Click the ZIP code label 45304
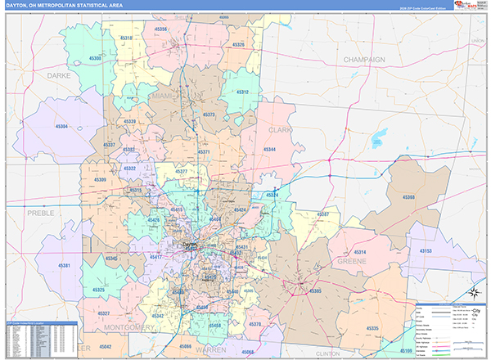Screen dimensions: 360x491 (x=62, y=127)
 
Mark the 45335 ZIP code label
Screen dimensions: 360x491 (x=373, y=328)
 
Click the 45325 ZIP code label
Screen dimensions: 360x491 (x=100, y=290)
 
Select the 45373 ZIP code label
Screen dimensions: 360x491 (x=209, y=115)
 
